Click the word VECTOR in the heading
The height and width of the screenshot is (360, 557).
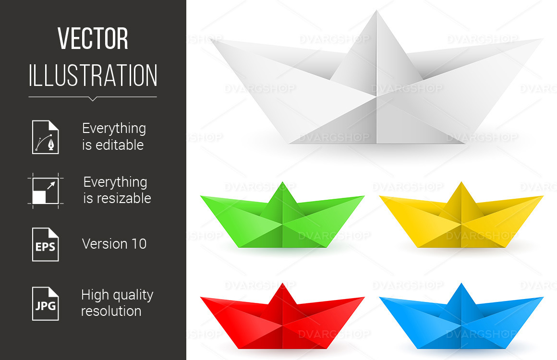pyautogui.click(x=93, y=38)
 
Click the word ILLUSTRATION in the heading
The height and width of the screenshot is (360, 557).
pyautogui.click(x=93, y=75)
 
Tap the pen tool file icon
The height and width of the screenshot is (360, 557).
pyautogui.click(x=46, y=137)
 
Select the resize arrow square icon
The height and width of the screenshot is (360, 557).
pyautogui.click(x=46, y=191)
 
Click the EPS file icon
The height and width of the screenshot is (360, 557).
pyautogui.click(x=46, y=245)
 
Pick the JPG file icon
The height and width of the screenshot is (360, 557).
pyautogui.click(x=46, y=303)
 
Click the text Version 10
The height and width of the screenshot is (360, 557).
pyautogui.click(x=114, y=244)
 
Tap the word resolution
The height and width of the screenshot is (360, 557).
pyautogui.click(x=111, y=311)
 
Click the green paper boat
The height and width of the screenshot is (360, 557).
pyautogui.click(x=282, y=220)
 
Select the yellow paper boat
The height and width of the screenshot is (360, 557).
pyautogui.click(x=461, y=220)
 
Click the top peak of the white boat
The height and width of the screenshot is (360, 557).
pyautogui.click(x=376, y=11)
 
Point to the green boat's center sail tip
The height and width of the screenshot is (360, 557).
pyautogui.click(x=283, y=182)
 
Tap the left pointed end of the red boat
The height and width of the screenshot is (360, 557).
pyautogui.click(x=201, y=297)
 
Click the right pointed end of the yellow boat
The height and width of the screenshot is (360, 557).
pyautogui.click(x=543, y=196)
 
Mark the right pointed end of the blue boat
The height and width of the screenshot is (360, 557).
pyautogui.click(x=543, y=297)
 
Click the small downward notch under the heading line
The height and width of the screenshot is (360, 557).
pyautogui.click(x=93, y=99)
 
